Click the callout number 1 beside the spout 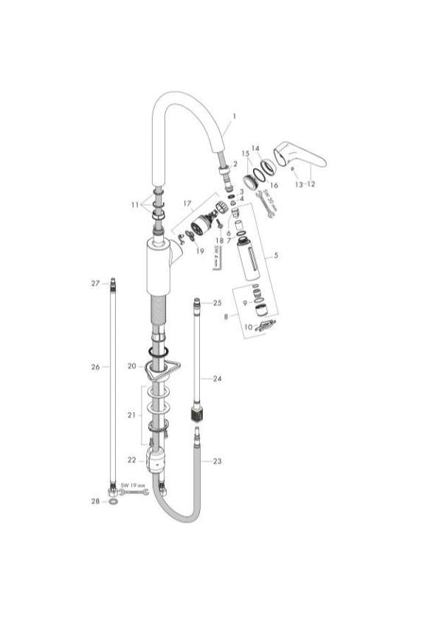tap(234, 116)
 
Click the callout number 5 tap(276, 257)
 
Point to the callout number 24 tap(217, 378)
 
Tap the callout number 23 tap(217, 462)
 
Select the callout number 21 tap(131, 416)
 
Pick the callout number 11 tap(134, 204)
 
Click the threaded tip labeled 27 tap(113, 283)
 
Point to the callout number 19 tap(199, 251)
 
